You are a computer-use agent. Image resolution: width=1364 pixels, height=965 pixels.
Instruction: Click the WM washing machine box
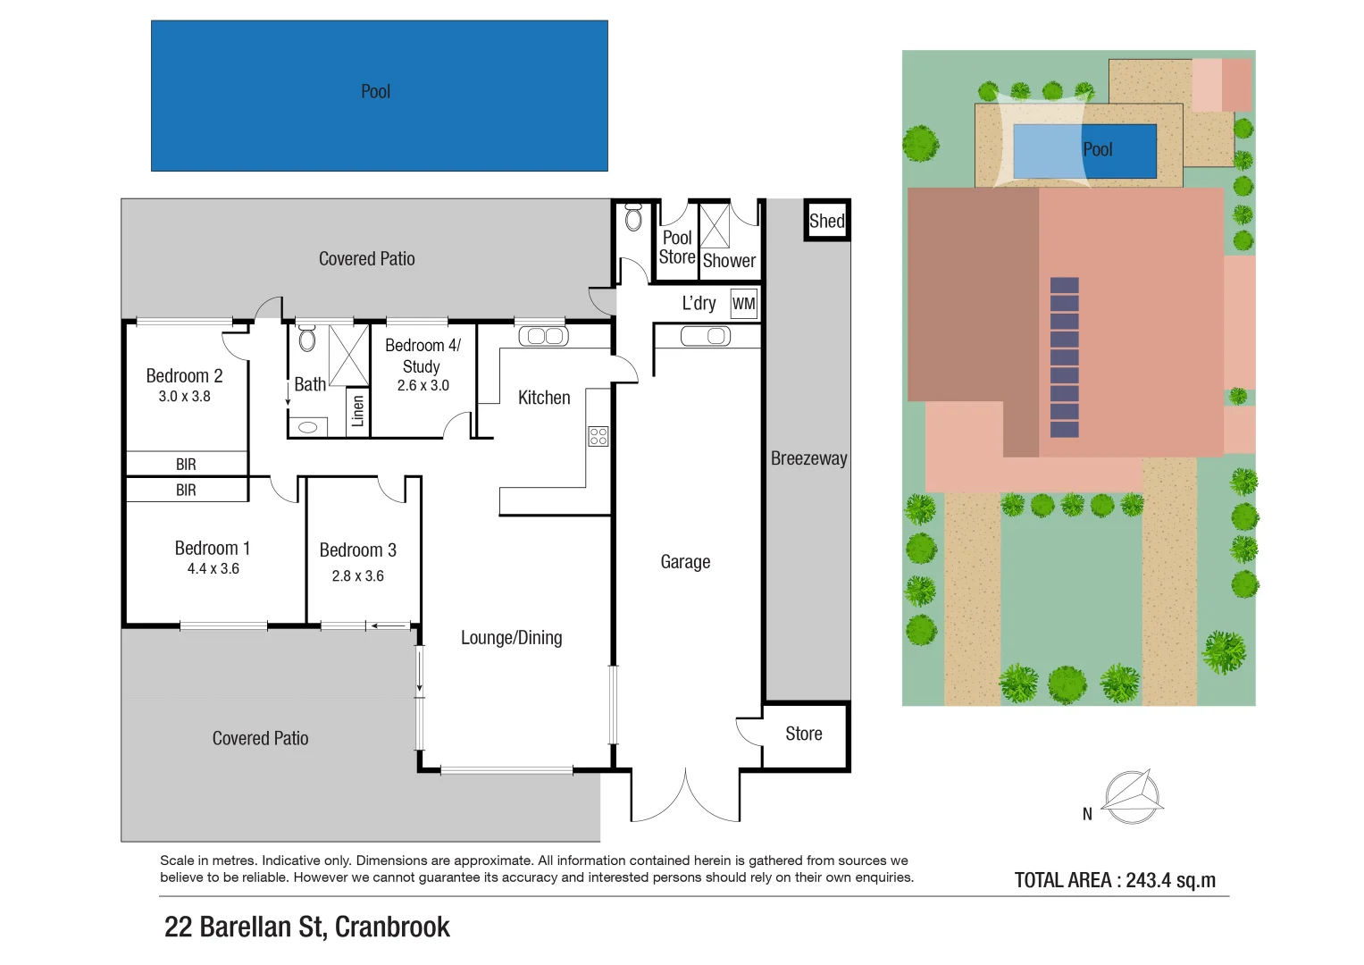pos(743,304)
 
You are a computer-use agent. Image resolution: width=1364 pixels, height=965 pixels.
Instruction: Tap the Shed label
pos(826,221)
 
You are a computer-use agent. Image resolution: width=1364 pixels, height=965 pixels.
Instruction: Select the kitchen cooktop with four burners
pos(598,436)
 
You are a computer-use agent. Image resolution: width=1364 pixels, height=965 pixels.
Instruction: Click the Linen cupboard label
pos(358,411)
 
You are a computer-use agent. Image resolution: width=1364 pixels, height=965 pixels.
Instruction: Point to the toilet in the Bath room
pos(307,339)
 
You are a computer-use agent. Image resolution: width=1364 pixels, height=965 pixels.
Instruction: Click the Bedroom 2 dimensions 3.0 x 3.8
pos(184,397)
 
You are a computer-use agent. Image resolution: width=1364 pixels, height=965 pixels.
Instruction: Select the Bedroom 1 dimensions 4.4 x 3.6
pos(213,569)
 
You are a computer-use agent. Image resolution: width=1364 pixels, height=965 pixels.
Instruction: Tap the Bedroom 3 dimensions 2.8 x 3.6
pos(357,576)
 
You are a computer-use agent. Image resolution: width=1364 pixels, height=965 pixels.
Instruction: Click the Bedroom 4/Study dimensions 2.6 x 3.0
pos(423,386)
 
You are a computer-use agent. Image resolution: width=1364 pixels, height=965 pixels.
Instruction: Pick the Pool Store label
pos(677,248)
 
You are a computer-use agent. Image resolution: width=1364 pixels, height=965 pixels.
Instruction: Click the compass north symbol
pos(1132,796)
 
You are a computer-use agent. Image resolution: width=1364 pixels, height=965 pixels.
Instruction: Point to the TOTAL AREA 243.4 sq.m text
pos(1115,880)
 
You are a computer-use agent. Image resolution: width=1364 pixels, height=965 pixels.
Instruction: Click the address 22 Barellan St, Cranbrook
pos(306,927)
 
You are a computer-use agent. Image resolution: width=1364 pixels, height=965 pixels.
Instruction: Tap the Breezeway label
pos(808,458)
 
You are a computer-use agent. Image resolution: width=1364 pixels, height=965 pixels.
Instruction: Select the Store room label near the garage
pos(803,734)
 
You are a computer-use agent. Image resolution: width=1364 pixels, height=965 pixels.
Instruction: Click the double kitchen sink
pos(543,336)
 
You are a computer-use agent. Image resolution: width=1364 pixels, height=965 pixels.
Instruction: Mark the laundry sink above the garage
pos(705,336)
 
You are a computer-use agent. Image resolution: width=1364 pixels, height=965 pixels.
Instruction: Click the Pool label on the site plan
pos(1097,150)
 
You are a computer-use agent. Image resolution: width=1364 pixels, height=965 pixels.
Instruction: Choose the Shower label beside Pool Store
pos(729,261)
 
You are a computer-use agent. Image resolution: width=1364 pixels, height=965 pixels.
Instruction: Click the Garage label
pos(685,562)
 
